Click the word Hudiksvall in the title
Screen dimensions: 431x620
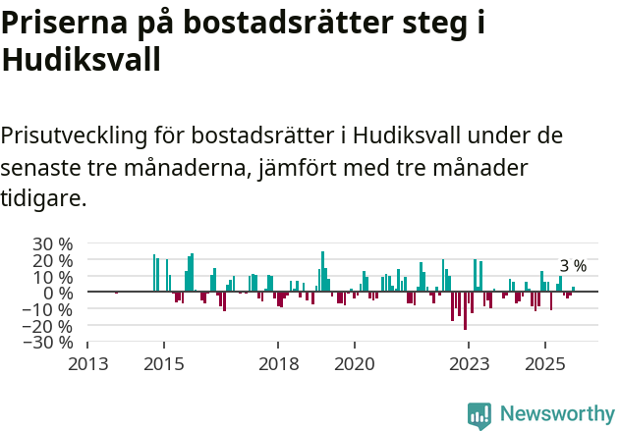[81, 61]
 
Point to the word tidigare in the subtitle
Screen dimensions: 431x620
[43, 198]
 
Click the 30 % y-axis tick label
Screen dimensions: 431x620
[52, 243]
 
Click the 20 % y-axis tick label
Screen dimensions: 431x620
[52, 260]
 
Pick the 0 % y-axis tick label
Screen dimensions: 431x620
[58, 293]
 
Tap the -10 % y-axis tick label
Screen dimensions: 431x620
[49, 309]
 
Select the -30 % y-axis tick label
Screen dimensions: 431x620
[49, 342]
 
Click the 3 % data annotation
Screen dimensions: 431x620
[573, 266]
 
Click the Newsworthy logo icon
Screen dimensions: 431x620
[479, 415]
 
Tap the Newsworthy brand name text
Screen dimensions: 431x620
[556, 414]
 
